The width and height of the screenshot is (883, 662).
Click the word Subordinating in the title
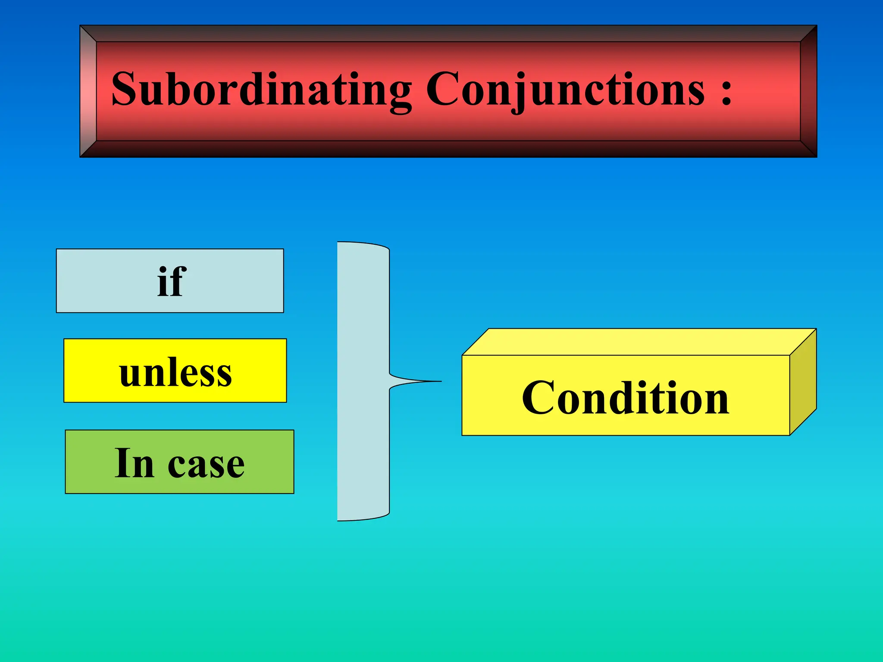[x=261, y=89]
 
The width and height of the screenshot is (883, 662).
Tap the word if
[x=171, y=281]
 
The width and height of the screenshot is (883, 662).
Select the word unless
[x=175, y=372]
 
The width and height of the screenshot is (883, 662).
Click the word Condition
[x=625, y=398]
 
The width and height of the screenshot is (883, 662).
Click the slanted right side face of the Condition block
[x=803, y=381]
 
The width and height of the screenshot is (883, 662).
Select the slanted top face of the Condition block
[x=638, y=342]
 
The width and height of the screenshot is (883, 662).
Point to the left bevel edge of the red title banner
[x=88, y=91]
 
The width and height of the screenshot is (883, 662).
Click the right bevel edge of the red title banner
[x=808, y=91]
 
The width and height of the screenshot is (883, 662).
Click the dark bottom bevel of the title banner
[x=448, y=149]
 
